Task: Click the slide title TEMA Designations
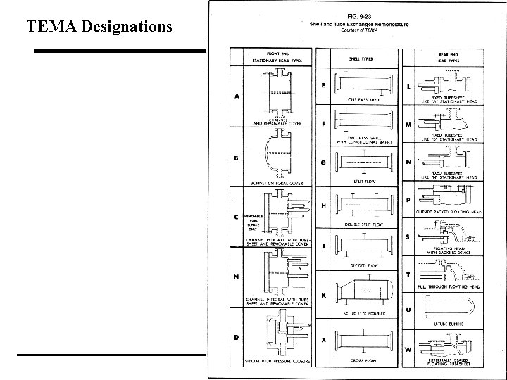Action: click(99, 27)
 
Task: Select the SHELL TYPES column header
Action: click(361, 58)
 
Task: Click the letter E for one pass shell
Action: click(323, 86)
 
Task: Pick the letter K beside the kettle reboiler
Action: click(323, 296)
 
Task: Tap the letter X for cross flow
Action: click(323, 340)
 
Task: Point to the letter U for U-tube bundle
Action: click(408, 309)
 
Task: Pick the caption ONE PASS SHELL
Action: click(363, 100)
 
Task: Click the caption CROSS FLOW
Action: click(363, 360)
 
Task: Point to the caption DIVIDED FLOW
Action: click(363, 265)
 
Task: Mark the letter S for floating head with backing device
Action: click(408, 236)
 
